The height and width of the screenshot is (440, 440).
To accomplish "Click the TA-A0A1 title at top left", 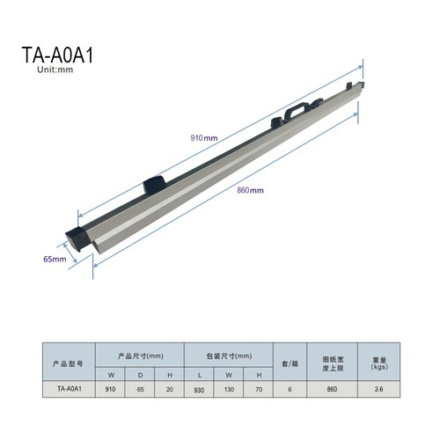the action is click(57, 55).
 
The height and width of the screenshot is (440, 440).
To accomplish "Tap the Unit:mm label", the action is click(55, 70).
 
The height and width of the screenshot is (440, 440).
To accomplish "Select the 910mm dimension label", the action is click(204, 138).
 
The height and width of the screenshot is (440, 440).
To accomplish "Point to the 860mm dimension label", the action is click(250, 190).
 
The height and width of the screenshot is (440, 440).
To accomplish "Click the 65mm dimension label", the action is click(55, 259).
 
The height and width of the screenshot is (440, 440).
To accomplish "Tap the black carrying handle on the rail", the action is click(297, 110).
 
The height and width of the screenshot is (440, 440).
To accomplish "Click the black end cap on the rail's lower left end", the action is click(78, 239).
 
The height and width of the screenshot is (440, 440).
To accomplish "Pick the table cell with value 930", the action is click(199, 390).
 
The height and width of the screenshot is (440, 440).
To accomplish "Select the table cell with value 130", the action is click(229, 390).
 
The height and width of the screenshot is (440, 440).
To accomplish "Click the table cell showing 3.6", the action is click(378, 389).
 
